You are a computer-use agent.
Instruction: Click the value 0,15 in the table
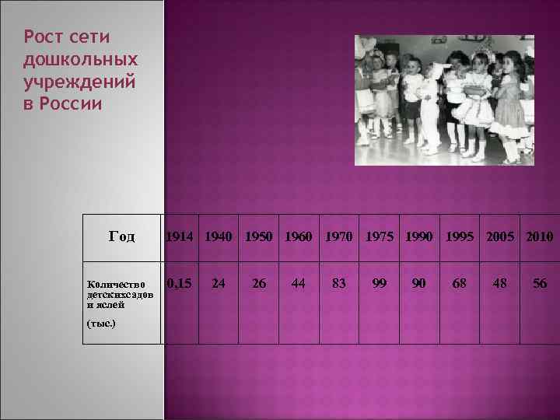point(180,284)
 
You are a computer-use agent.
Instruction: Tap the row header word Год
point(122,236)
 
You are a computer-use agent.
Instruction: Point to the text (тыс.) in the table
point(101,321)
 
